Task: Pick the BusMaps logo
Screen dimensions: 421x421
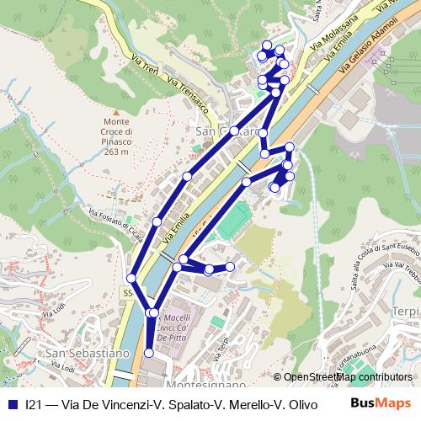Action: (381, 404)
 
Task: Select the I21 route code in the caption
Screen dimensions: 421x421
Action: (34, 405)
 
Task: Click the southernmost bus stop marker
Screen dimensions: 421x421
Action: (150, 354)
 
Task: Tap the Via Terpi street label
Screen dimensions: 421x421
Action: (222, 346)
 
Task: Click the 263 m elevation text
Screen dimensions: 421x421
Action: (118, 152)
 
